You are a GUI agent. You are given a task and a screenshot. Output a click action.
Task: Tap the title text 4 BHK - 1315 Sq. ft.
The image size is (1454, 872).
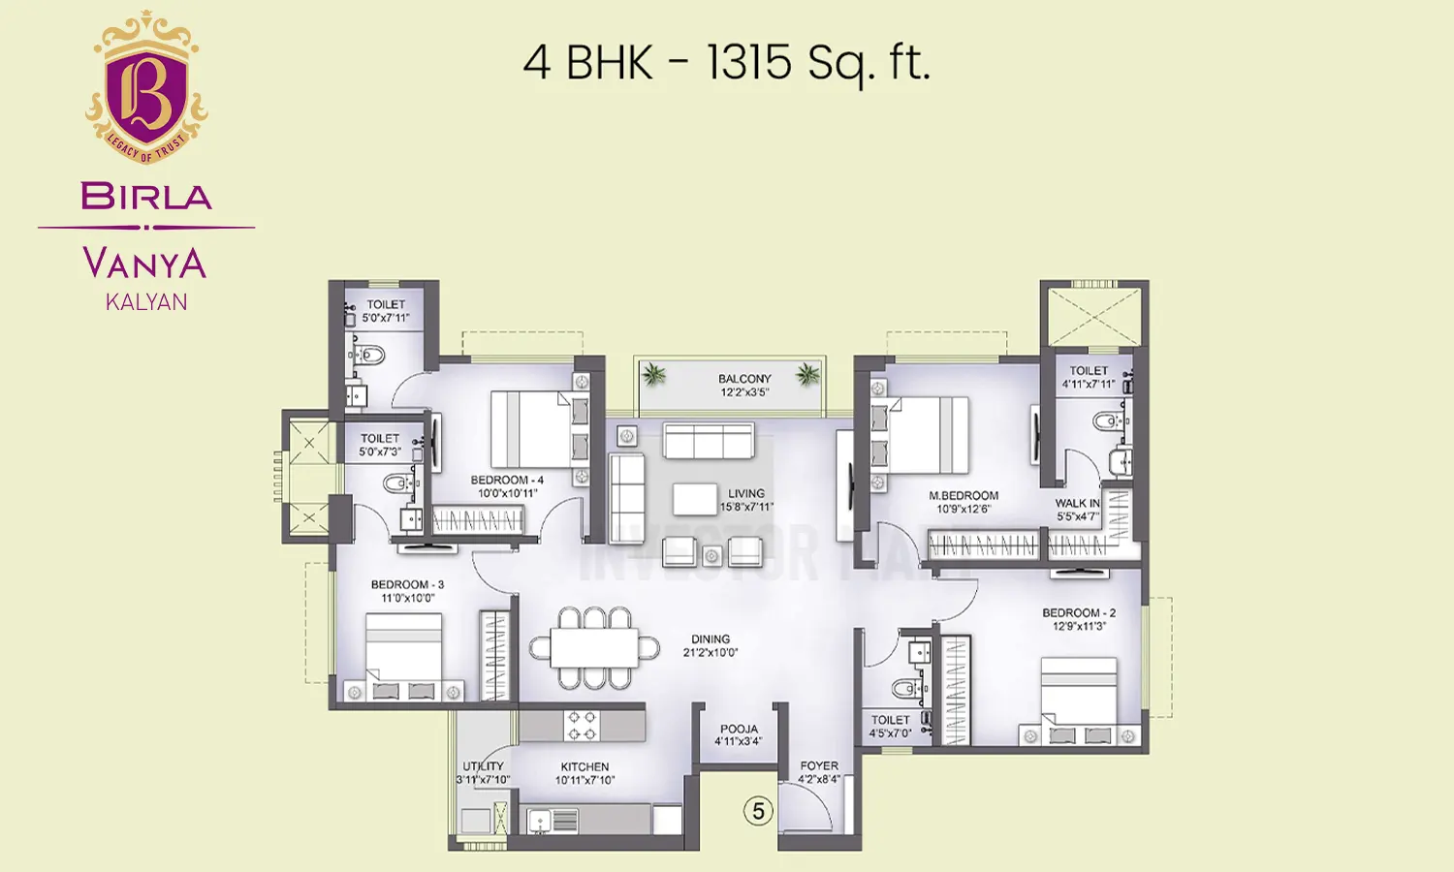click(x=726, y=64)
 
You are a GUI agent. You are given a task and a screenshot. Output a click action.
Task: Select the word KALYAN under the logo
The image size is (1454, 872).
click(x=146, y=302)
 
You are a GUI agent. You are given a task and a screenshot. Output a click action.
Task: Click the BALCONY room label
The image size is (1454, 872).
click(x=744, y=379)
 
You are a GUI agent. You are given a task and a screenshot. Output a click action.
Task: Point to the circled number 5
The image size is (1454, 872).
click(x=758, y=811)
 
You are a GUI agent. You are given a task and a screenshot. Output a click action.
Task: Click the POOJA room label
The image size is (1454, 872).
click(x=739, y=729)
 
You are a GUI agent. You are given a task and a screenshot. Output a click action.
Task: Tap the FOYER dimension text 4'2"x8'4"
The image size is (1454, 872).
click(x=819, y=779)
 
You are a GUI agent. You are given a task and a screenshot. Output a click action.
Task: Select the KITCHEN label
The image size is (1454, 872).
click(x=585, y=766)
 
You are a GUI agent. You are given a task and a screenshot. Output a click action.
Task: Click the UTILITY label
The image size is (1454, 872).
click(x=483, y=766)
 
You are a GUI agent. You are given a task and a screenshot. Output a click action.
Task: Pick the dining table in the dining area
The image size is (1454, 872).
click(x=594, y=648)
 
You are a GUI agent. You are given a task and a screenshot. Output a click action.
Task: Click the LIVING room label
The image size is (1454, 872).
click(x=746, y=493)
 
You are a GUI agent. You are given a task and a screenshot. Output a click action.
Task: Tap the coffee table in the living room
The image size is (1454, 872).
click(x=695, y=499)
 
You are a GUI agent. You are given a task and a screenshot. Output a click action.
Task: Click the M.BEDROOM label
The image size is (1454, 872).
click(x=964, y=496)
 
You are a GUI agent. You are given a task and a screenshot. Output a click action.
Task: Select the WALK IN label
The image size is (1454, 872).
click(x=1077, y=504)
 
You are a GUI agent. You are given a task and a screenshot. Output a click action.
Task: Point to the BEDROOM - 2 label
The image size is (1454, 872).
click(x=1079, y=613)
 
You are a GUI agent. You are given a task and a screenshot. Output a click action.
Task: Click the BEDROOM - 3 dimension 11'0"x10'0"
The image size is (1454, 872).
click(x=407, y=599)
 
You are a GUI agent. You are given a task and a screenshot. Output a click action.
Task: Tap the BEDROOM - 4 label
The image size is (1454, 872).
click(x=507, y=480)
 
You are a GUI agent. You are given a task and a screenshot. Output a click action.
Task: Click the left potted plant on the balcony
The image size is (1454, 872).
click(x=655, y=374)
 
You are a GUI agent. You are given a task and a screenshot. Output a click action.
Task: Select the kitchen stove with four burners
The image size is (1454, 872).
click(x=582, y=726)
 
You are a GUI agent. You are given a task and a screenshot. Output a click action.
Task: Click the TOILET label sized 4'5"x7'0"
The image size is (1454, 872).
click(x=890, y=720)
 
